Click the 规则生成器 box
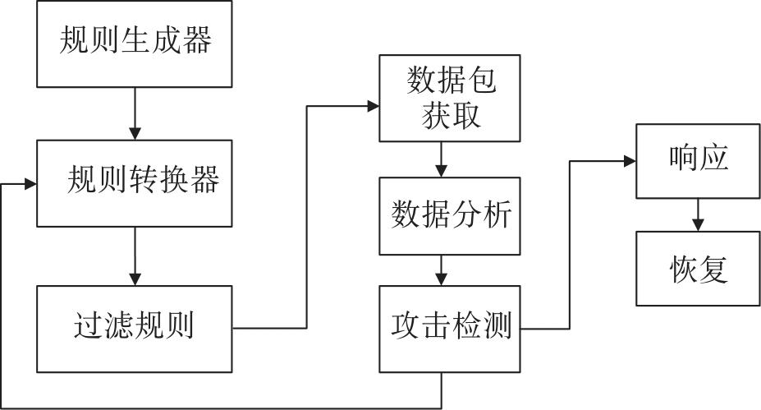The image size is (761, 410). (x=135, y=42)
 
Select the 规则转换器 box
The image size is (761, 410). (x=135, y=182)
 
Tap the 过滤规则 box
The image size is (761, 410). (x=135, y=328)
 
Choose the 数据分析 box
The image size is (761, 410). (x=449, y=215)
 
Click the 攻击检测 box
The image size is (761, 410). (x=449, y=328)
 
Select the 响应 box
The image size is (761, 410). (x=698, y=160)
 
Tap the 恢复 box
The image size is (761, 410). (x=698, y=269)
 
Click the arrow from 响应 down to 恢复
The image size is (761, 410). (x=698, y=214)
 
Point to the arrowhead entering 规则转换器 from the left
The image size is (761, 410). (x=31, y=184)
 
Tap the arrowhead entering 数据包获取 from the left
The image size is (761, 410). (x=372, y=106)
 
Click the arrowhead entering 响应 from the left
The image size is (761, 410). (x=630, y=161)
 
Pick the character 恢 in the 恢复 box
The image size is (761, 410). (x=681, y=269)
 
